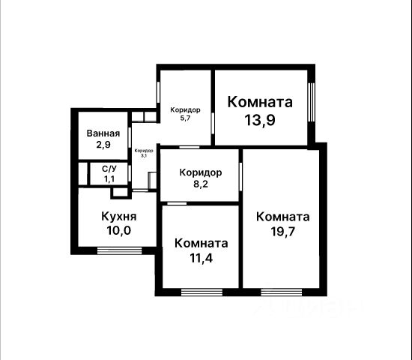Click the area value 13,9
pyautogui.click(x=260, y=120)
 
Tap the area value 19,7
pyautogui.click(x=282, y=232)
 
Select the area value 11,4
pyautogui.click(x=201, y=258)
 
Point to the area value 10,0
pyautogui.click(x=119, y=230)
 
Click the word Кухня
pyautogui.click(x=119, y=217)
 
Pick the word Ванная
pyautogui.click(x=103, y=133)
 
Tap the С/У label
pyautogui.click(x=109, y=169)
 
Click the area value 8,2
pyautogui.click(x=201, y=184)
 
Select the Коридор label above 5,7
pyautogui.click(x=185, y=109)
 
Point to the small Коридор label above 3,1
pyautogui.click(x=144, y=151)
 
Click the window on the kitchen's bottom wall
pyautogui.click(x=120, y=250)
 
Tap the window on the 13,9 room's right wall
pyautogui.click(x=312, y=102)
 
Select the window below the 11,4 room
pyautogui.click(x=202, y=292)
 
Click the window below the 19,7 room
pyautogui.click(x=282, y=292)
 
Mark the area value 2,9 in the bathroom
pyautogui.click(x=103, y=145)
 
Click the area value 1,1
pyautogui.click(x=109, y=179)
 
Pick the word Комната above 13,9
pyautogui.click(x=260, y=102)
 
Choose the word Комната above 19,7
pyautogui.click(x=282, y=217)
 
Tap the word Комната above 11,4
pyautogui.click(x=201, y=244)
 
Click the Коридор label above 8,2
pyautogui.click(x=201, y=172)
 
